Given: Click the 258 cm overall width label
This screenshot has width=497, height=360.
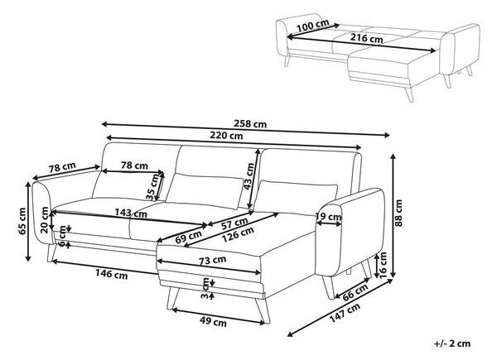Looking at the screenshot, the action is coord(250,123).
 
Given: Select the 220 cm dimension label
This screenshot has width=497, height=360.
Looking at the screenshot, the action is coord(226,136).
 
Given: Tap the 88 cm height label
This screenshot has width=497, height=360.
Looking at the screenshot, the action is coord(398,213).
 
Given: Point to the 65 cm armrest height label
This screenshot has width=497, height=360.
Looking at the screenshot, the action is coord(22,221).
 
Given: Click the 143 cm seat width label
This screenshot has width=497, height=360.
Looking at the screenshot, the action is coord(131,213).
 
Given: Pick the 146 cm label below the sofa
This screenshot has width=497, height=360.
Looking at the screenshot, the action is coord(112,274).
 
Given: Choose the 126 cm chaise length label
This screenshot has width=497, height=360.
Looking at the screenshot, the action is coord(238,234).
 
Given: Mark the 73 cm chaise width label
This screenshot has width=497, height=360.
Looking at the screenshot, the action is coord(212,261).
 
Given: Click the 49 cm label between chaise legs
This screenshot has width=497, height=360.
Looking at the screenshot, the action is coord(213,322).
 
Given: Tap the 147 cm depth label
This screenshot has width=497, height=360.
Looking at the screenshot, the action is coord(345,313).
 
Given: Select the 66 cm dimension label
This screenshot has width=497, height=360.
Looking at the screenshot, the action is coord(355,291).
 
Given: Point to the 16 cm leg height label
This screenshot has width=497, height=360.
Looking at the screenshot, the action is coord(383,265).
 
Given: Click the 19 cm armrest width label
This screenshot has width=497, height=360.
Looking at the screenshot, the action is coord(328,217).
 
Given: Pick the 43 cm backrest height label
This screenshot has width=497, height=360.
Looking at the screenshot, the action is coord(250,176).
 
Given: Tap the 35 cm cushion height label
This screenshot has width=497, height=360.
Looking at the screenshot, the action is coord(154,187).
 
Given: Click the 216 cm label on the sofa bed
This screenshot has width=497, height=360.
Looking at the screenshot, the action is coord(366,38).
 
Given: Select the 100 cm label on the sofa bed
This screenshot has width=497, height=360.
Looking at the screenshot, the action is coord(313,26).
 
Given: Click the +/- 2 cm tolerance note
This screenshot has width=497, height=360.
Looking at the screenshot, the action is coord(452,343).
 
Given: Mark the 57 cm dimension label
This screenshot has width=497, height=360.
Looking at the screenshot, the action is coord(234,223).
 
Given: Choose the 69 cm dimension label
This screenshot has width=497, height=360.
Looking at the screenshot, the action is coord(188,237).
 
